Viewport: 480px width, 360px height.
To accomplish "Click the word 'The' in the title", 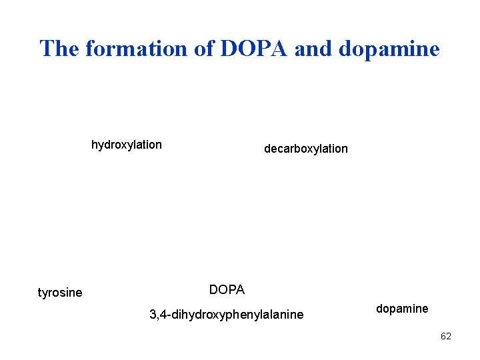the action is (59, 48).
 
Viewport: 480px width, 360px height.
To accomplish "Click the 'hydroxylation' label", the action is (126, 145).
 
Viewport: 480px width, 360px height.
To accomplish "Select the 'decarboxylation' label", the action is (305, 149).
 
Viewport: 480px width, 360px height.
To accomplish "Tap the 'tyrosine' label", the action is (60, 293).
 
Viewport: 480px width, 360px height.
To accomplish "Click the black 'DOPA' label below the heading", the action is (227, 290).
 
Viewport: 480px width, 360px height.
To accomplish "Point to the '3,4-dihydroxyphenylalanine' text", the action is (226, 314).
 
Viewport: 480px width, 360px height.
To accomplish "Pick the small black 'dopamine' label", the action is (402, 309).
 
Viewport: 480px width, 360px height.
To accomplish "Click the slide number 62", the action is (446, 336).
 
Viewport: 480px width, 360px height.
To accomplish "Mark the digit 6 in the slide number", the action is (443, 336).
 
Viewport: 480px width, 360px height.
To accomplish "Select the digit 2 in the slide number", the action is (449, 336).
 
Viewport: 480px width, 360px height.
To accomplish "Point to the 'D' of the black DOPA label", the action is (213, 290).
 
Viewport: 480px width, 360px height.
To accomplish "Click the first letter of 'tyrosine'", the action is (39, 293).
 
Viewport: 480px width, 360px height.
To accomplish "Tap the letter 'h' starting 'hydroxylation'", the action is (94, 145).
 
